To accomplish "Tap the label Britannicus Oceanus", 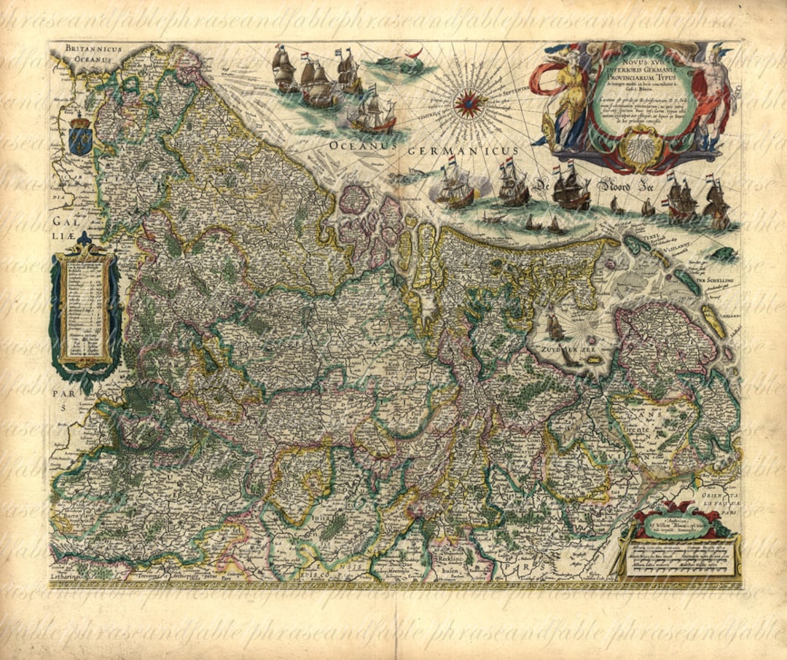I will pyautogui.click(x=95, y=52).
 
